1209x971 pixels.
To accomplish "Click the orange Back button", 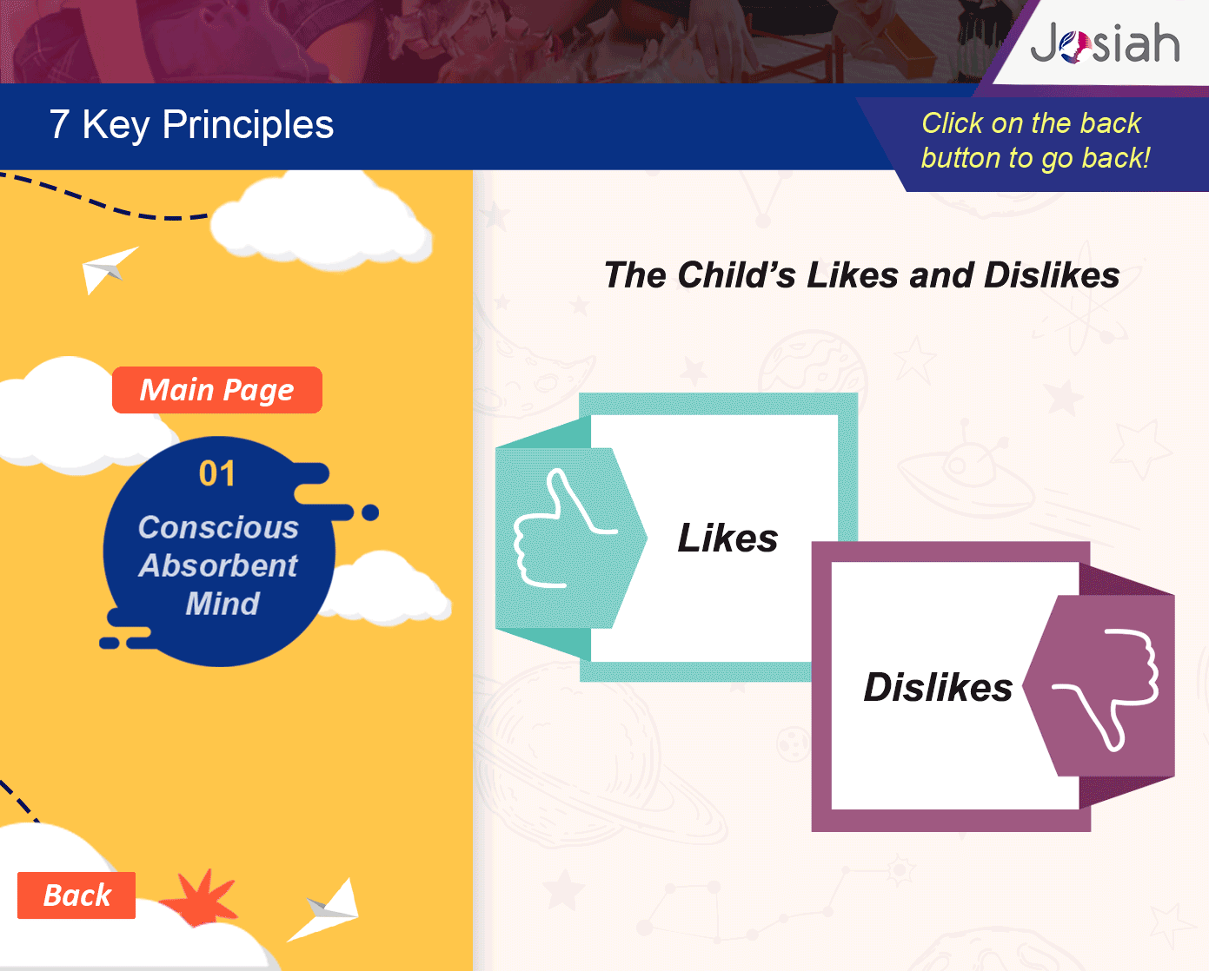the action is pyautogui.click(x=76, y=895).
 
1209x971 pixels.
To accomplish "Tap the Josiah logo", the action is pyautogui.click(x=1105, y=43).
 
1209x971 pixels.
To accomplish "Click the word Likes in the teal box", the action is pyautogui.click(x=727, y=538).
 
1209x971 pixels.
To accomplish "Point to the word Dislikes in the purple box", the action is pyautogui.click(x=938, y=687).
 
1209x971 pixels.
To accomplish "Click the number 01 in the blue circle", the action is pyautogui.click(x=217, y=473).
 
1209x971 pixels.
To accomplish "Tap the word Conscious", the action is pyautogui.click(x=218, y=527).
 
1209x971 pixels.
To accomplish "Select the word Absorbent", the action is pyautogui.click(x=218, y=565).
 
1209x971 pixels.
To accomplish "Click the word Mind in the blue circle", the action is pyautogui.click(x=223, y=604).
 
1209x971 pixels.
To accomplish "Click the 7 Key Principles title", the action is pyautogui.click(x=191, y=125).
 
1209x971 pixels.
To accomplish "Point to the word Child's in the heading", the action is pyautogui.click(x=737, y=275).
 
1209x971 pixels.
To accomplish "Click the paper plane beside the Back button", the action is pyautogui.click(x=325, y=910).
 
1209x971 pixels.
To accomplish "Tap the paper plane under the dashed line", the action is pyautogui.click(x=107, y=269).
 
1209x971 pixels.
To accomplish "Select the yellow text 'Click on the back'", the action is pyautogui.click(x=1032, y=123).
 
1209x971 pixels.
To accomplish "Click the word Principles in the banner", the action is pyautogui.click(x=248, y=125).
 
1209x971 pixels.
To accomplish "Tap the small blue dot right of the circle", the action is pyautogui.click(x=370, y=512).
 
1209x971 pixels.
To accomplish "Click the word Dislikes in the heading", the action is pyautogui.click(x=1052, y=275).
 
